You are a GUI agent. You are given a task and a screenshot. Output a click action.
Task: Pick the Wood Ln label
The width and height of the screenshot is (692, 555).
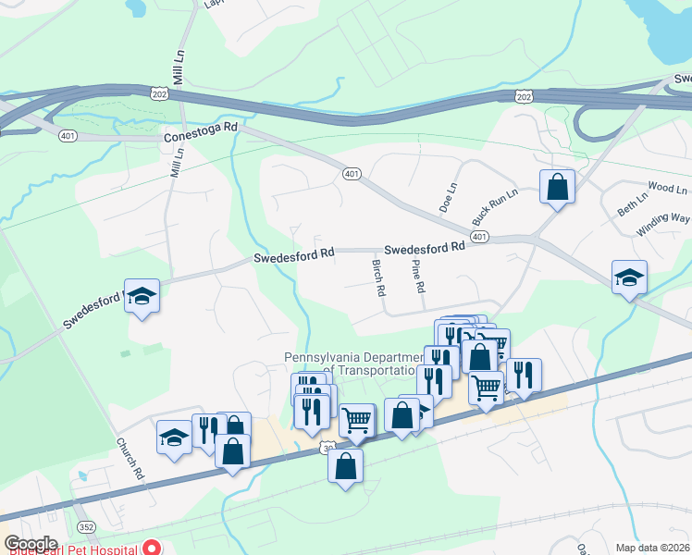(668, 188)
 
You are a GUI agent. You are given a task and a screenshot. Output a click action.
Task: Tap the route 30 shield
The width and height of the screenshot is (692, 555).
(327, 448)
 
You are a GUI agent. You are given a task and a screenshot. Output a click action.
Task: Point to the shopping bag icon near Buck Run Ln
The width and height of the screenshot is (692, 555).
(558, 187)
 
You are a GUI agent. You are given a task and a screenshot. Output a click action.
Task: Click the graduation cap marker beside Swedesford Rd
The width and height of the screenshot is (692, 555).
(142, 295)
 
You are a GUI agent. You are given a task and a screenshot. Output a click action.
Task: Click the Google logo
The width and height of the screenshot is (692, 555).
(31, 544)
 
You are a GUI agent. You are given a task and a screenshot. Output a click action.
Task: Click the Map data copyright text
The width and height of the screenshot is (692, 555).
(653, 548)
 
